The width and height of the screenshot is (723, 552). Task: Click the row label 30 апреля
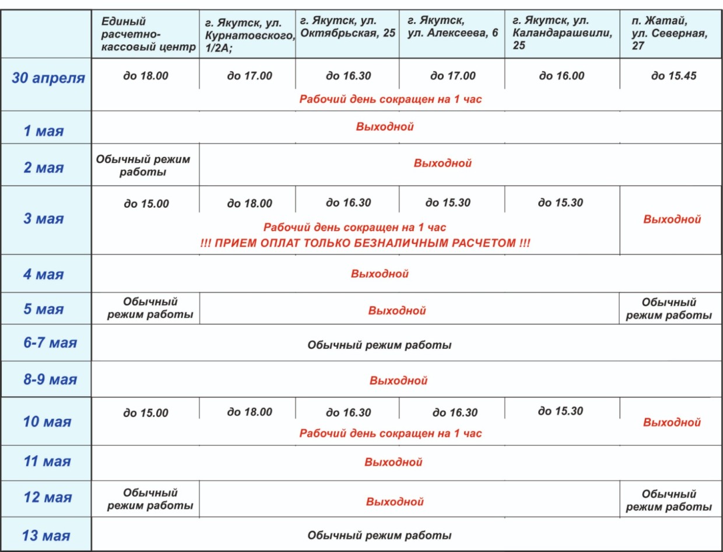48,78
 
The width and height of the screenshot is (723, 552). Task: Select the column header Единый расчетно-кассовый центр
148,34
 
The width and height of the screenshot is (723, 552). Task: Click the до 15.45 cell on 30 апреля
673,76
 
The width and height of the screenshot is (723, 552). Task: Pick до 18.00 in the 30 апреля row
146,76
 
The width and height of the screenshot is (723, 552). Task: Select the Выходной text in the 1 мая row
384,127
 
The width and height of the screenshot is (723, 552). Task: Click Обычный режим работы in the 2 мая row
143,165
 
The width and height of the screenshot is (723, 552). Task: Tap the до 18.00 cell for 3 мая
249,204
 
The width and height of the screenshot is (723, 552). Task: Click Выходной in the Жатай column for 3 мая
672,219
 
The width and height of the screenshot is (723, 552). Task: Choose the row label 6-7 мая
50,343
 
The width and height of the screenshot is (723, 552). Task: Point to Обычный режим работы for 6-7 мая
379,345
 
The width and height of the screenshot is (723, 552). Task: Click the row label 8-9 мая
50,380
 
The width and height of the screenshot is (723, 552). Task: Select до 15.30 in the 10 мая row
560,411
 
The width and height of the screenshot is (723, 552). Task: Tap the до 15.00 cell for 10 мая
146,413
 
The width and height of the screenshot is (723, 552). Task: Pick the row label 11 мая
47,462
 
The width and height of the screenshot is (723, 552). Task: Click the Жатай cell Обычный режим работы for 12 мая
669,501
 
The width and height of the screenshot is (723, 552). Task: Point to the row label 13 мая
45,536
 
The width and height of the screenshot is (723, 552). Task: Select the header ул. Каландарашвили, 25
561,34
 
